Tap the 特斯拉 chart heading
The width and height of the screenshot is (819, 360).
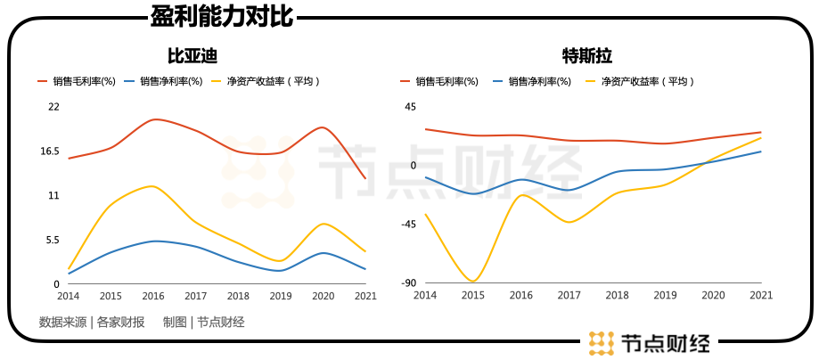(x=587, y=56)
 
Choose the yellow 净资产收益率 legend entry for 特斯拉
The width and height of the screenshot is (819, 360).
(x=638, y=81)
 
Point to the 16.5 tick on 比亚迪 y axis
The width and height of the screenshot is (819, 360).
(x=50, y=151)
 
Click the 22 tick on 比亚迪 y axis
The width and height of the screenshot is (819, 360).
(x=53, y=107)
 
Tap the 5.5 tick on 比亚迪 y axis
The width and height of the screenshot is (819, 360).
(x=53, y=240)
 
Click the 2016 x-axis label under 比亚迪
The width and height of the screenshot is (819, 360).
(x=153, y=296)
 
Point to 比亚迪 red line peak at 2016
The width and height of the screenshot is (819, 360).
(x=154, y=119)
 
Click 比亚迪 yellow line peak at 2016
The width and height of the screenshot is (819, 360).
(x=153, y=186)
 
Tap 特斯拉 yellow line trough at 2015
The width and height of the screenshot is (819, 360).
(x=472, y=282)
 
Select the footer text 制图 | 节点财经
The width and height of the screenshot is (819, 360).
(x=203, y=323)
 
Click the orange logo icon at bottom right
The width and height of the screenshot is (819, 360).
(x=602, y=342)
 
